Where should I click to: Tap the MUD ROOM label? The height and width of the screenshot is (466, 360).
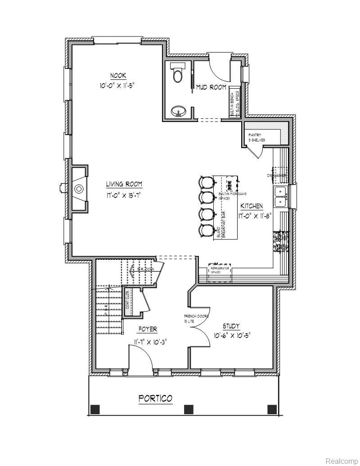pyautogui.click(x=211, y=87)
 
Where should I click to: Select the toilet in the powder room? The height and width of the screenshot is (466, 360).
pyautogui.click(x=177, y=73)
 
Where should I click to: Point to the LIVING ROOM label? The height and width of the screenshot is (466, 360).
pyautogui.click(x=124, y=184)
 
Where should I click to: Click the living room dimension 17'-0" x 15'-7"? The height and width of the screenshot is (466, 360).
pyautogui.click(x=124, y=196)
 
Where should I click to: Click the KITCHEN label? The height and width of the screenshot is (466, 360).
pyautogui.click(x=252, y=206)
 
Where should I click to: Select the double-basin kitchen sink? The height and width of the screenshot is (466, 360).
pyautogui.click(x=281, y=197)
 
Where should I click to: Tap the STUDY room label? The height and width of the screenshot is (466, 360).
pyautogui.click(x=231, y=326)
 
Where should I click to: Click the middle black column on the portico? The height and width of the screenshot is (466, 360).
pyautogui.click(x=189, y=409)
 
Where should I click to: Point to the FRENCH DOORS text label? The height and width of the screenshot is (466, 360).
pyautogui.click(x=196, y=317)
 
